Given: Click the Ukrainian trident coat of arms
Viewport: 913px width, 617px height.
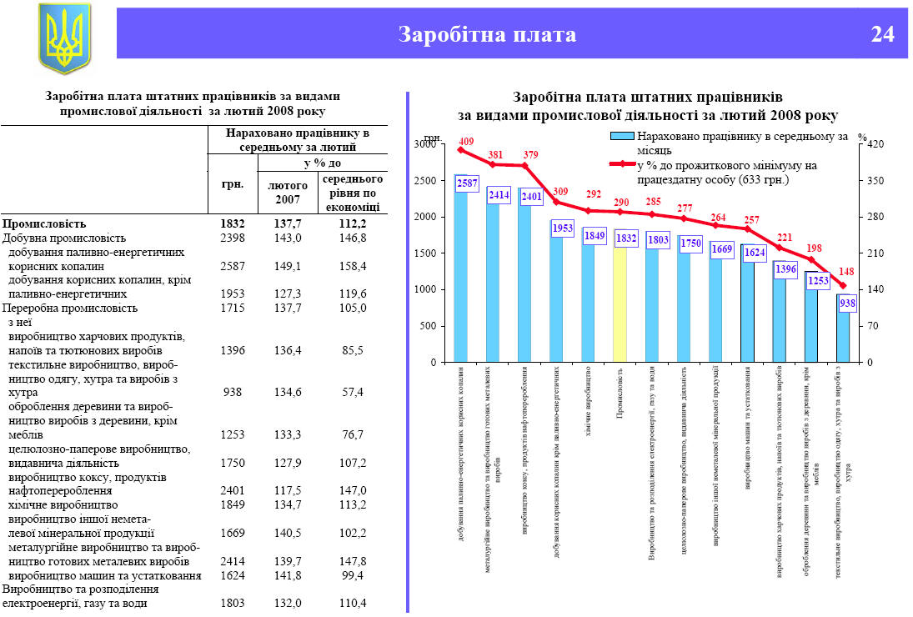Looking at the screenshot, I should [63, 38].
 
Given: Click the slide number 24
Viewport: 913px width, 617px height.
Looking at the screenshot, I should [882, 34].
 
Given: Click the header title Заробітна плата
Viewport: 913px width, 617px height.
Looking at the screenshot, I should [487, 34].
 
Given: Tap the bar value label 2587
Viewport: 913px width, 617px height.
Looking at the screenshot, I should [468, 183].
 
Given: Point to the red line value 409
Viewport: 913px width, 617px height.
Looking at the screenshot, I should [466, 141].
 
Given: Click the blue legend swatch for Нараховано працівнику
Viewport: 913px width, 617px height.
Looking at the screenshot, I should [621, 136].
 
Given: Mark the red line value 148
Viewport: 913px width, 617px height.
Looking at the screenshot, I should [846, 272].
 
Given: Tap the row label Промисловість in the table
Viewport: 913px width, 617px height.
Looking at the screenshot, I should [44, 223].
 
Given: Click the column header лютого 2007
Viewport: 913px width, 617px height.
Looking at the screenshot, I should [288, 191].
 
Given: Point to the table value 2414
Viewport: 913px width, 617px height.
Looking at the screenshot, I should [233, 562].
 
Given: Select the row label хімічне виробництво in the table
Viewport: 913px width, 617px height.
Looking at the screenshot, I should [62, 505].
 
